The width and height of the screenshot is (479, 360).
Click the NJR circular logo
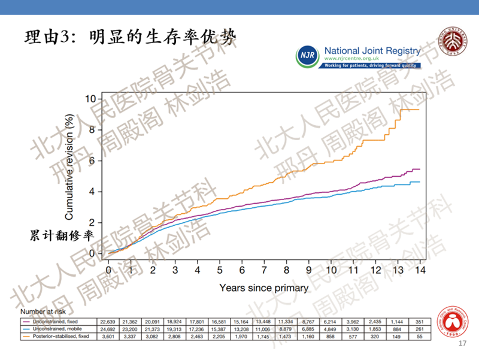click(x=307, y=56)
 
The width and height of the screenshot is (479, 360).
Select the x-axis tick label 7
click(x=264, y=270)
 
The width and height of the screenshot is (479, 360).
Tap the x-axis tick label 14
click(x=420, y=270)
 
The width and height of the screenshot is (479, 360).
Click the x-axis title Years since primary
click(x=264, y=288)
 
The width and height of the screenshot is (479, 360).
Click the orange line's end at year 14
click(x=419, y=109)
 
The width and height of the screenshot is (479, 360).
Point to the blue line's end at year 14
click(x=419, y=181)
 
